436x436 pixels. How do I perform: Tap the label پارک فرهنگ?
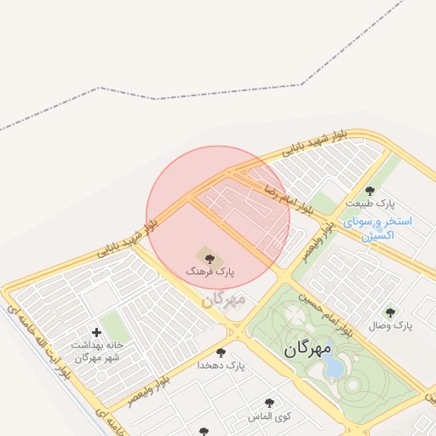[x=210, y=271]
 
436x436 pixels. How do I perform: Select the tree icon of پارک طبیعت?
[x=370, y=191]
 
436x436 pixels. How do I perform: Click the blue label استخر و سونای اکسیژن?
[x=378, y=227]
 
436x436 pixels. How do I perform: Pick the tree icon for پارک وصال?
[x=390, y=313]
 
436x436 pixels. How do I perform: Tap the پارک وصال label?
[x=391, y=326]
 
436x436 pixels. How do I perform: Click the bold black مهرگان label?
[x=307, y=349]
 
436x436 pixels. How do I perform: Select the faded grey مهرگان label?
[x=225, y=300]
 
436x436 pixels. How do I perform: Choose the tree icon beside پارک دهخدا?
[x=221, y=352]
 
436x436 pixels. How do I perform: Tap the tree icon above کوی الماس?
[x=270, y=403]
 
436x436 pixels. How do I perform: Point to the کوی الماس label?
[x=270, y=417]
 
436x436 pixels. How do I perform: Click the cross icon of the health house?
[x=96, y=332]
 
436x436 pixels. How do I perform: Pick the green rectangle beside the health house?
[x=114, y=327]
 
